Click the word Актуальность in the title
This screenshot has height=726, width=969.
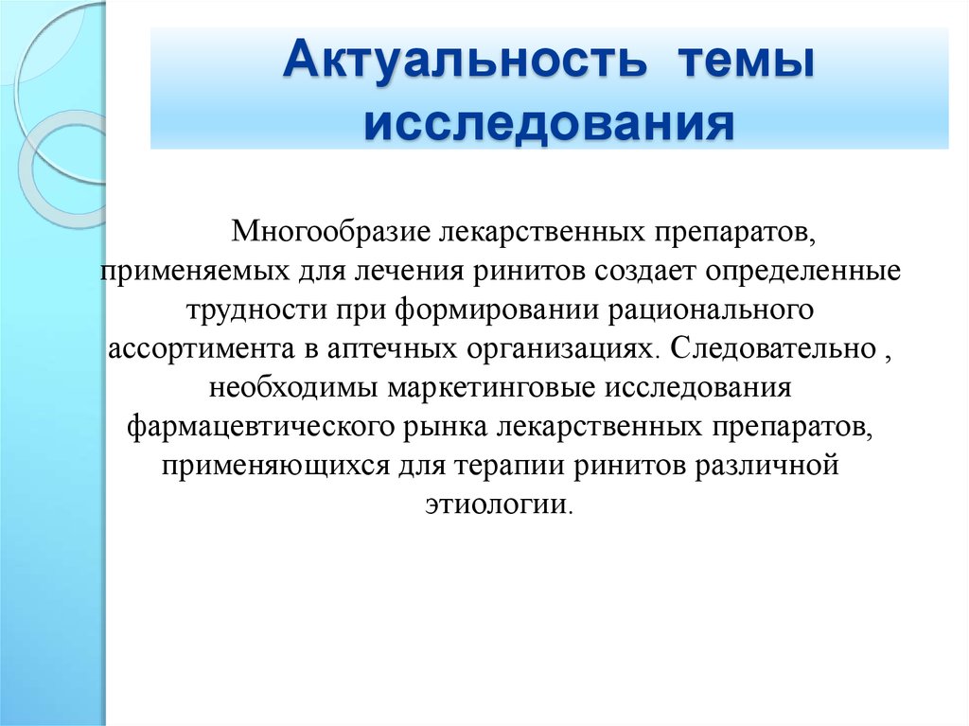[465, 60]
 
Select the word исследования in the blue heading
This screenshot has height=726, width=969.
[549, 124]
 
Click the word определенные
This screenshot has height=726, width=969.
[803, 272]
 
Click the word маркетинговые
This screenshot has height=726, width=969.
[492, 389]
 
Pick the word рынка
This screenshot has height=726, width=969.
[446, 427]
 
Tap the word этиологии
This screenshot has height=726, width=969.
[496, 504]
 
